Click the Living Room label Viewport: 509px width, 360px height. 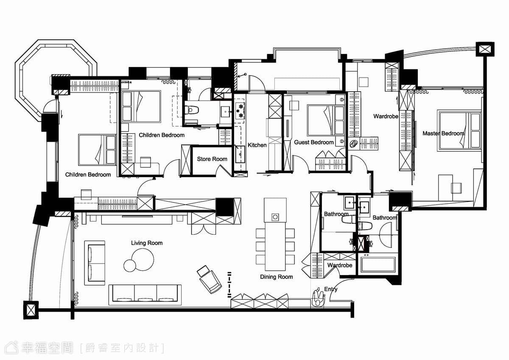[147, 243]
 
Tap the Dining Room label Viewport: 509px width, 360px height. [276, 277]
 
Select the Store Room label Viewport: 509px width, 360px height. [212, 159]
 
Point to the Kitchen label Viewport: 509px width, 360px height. [257, 145]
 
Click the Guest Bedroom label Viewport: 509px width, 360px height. [314, 142]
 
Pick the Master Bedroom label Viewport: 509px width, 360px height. [443, 133]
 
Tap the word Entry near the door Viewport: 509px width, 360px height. [331, 289]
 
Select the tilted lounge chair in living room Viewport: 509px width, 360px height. [209, 279]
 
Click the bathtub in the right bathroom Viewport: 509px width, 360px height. [378, 265]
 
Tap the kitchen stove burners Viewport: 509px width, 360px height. [240, 111]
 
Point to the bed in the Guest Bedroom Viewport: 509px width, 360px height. [326, 120]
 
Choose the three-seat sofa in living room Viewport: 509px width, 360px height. [145, 295]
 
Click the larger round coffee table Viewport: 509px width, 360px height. [143, 259]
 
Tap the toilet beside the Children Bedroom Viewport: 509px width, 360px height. [192, 110]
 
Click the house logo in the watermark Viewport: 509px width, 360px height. [11, 348]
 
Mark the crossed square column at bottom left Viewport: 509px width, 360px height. [31, 310]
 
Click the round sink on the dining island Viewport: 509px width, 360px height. [275, 217]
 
